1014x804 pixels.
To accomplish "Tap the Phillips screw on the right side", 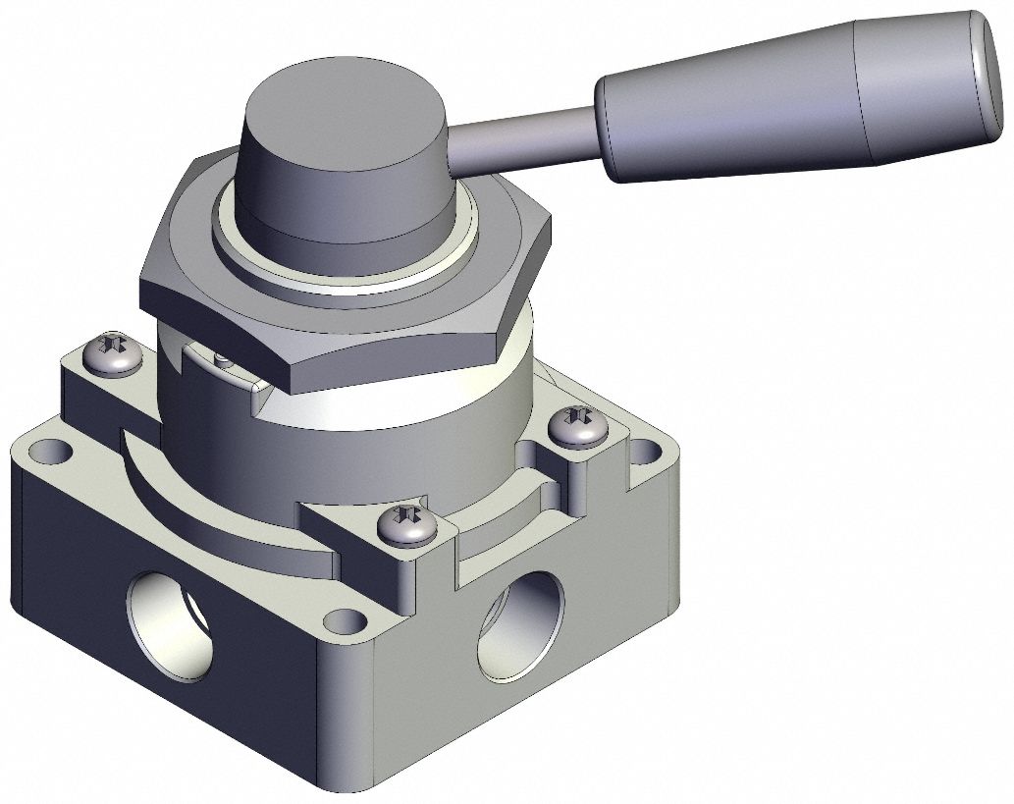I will coord(570,426).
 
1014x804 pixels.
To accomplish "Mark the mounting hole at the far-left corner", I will coord(45,453).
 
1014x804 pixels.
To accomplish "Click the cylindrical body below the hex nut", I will coord(393,432).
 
